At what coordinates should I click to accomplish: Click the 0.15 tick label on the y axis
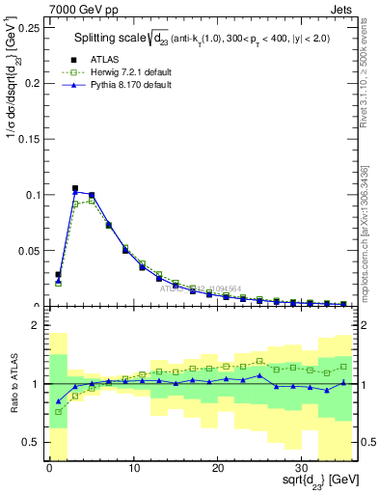[28, 140]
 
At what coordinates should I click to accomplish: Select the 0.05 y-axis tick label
[28, 250]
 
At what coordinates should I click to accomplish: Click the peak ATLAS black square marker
[75, 189]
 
